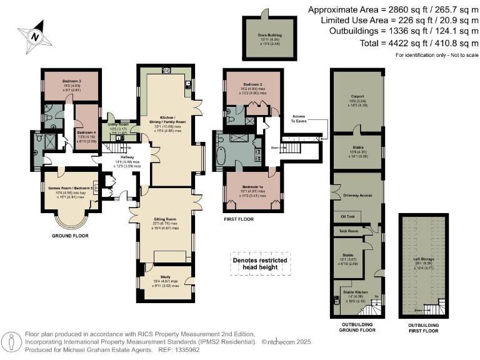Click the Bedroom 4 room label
[x=86, y=132]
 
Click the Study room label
[x=166, y=277]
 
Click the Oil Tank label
[x=347, y=217]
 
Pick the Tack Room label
[x=348, y=231]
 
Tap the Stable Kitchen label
[x=357, y=292]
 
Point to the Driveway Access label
[x=357, y=195]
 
